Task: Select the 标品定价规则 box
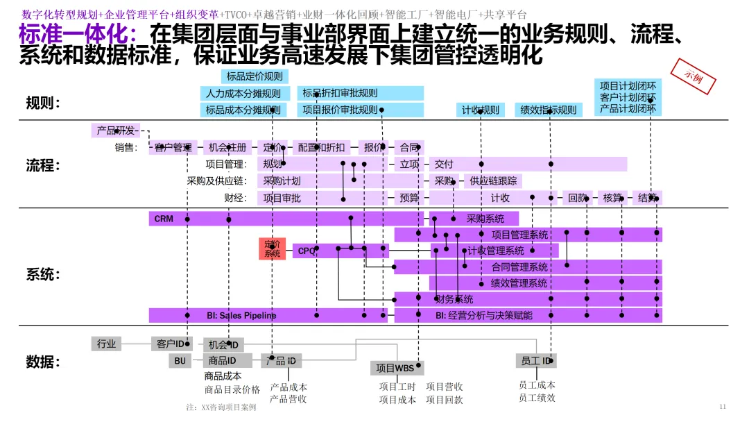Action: click(255, 76)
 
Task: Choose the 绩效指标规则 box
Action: click(548, 110)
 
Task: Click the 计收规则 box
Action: click(481, 110)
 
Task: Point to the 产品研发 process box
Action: click(115, 130)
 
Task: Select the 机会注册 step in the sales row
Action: click(227, 147)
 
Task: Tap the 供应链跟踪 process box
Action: click(493, 181)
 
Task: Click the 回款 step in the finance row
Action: click(577, 198)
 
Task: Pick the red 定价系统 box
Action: click(273, 248)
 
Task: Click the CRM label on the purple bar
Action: click(164, 219)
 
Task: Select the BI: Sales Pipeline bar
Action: click(241, 315)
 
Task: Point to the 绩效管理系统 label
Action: click(519, 283)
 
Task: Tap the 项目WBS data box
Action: click(395, 368)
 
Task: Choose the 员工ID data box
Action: click(536, 361)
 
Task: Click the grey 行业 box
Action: click(106, 344)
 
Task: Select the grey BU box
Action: click(180, 361)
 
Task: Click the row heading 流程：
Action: click(43, 165)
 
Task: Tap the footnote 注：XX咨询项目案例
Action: click(221, 407)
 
